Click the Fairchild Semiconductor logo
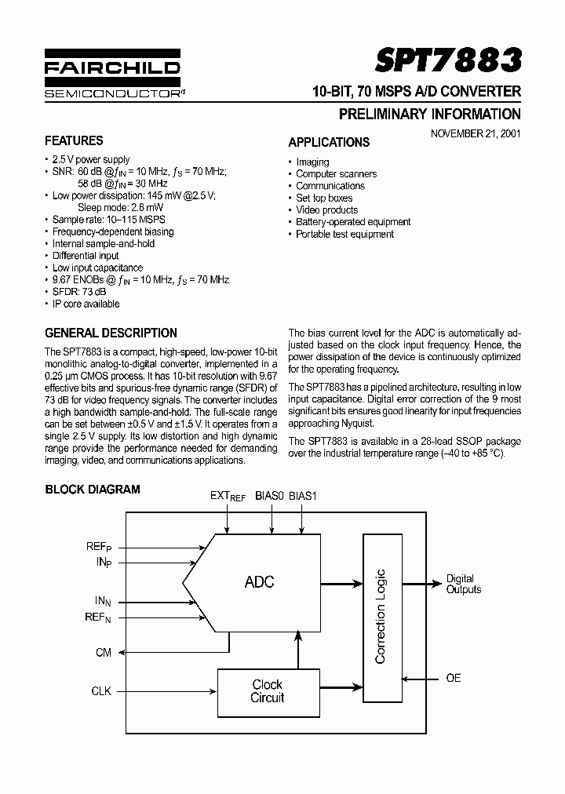click(112, 77)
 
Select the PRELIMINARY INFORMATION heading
click(429, 114)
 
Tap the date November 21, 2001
click(476, 133)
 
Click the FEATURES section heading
click(74, 141)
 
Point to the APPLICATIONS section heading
click(329, 143)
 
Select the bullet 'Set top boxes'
click(324, 198)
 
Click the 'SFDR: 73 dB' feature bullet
click(79, 292)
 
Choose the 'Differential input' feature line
click(86, 256)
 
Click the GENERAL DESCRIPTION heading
click(111, 333)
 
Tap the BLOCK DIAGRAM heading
click(93, 490)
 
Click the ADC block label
click(259, 582)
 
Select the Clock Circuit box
click(267, 691)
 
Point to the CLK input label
click(102, 691)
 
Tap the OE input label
click(454, 678)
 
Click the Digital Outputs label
click(463, 584)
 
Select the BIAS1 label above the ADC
click(302, 497)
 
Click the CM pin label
click(104, 652)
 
